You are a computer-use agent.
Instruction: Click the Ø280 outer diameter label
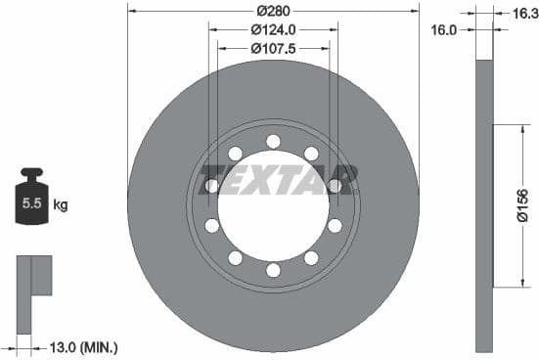pos(273,11)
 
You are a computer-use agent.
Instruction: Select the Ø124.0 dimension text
pos(273,29)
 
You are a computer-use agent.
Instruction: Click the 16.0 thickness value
pos(444,30)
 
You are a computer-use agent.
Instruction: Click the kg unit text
pos(61,204)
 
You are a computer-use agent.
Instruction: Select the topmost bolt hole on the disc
pos(273,142)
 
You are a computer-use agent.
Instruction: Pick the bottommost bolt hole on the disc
pos(273,270)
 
